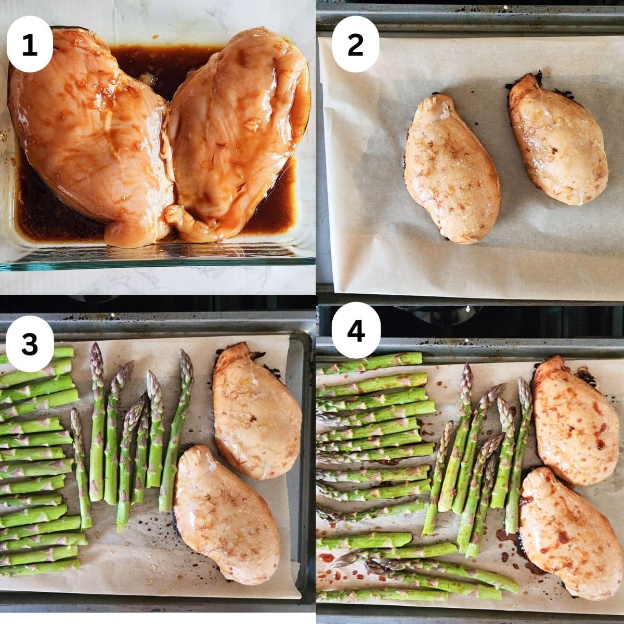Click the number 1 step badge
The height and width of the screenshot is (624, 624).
[30, 44]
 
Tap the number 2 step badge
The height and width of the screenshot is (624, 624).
[356, 44]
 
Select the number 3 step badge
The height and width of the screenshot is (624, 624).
[30, 344]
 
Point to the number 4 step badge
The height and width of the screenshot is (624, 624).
[356, 330]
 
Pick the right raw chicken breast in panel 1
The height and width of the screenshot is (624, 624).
[237, 136]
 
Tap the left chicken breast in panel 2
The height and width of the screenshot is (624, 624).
[452, 168]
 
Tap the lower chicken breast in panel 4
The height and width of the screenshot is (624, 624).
[570, 535]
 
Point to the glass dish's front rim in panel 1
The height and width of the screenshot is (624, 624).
[158, 262]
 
